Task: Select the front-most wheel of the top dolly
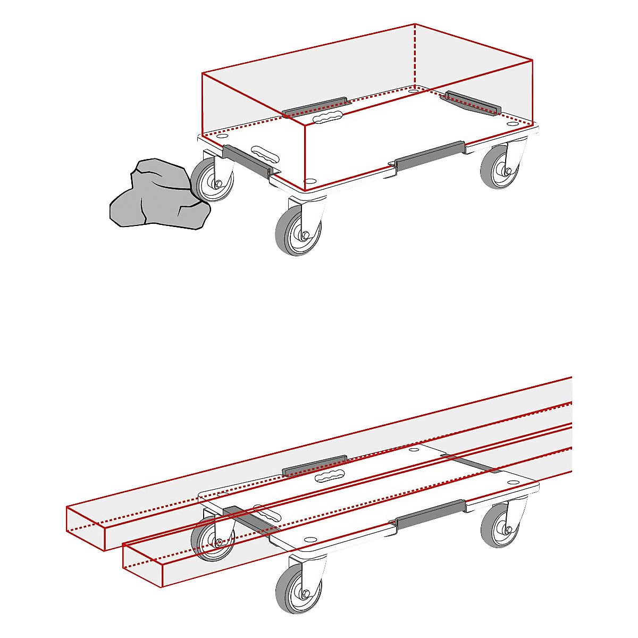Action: (298, 229)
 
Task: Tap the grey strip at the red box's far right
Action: (472, 102)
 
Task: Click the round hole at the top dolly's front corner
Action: (310, 181)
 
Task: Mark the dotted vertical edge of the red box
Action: (415, 56)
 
